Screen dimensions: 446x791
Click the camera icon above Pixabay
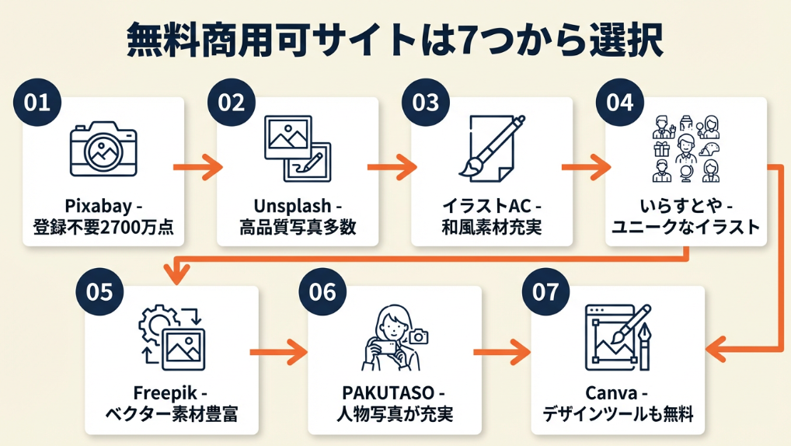103,150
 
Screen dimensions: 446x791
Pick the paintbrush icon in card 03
490,148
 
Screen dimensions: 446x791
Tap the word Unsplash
287,207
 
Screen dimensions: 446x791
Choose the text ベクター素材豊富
171,413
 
